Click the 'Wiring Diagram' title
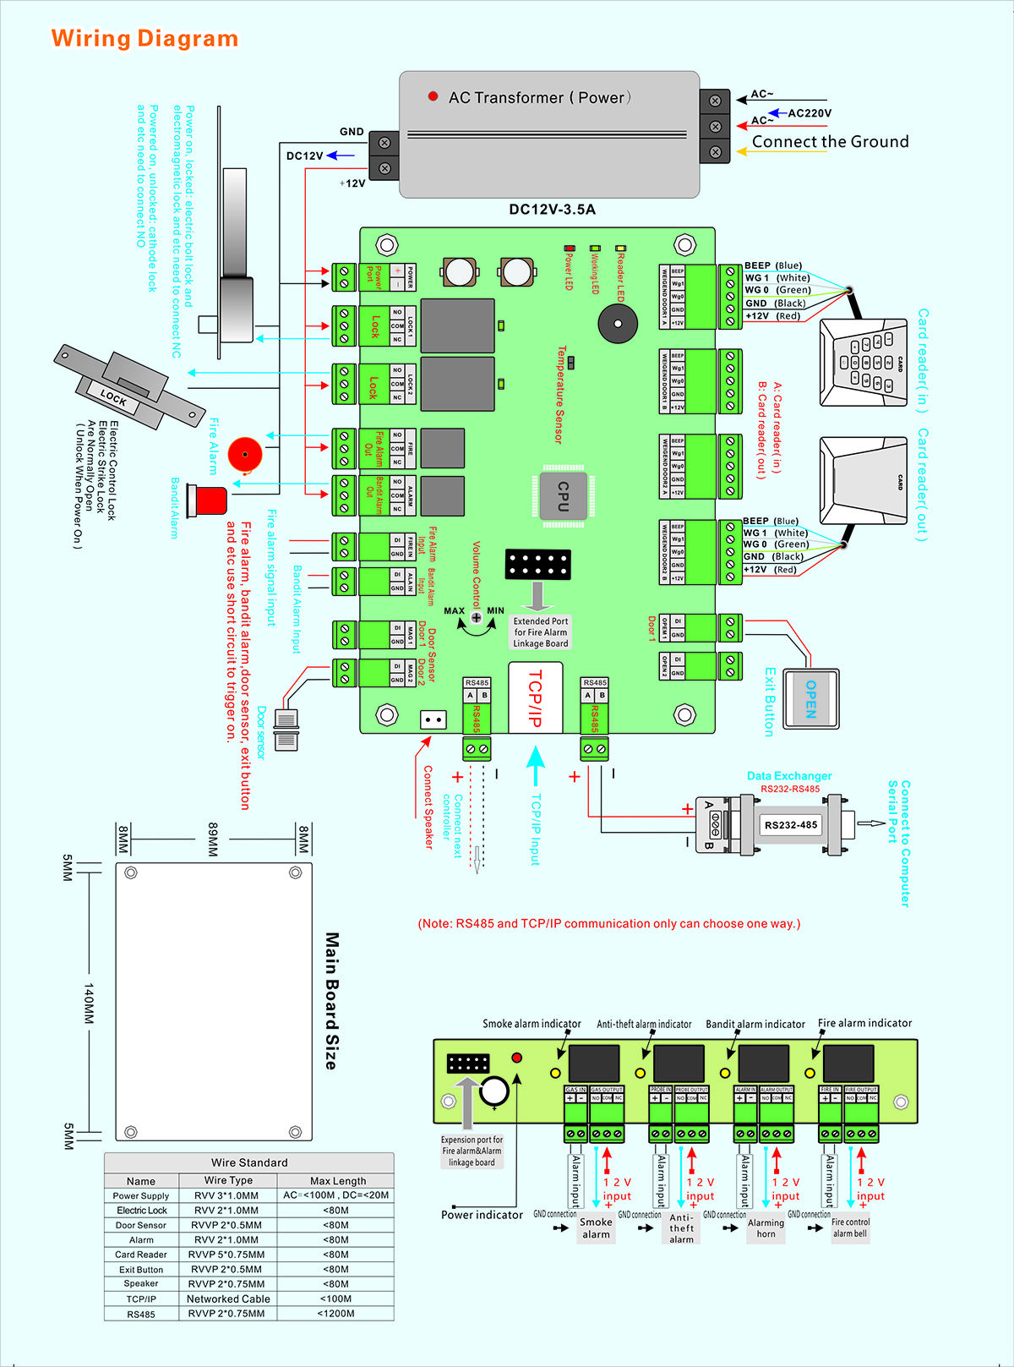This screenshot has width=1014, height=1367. [144, 39]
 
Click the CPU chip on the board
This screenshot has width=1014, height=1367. [563, 495]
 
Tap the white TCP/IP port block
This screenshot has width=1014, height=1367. [535, 697]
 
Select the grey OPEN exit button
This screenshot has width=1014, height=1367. [810, 698]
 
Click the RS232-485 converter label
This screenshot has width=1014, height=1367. [790, 825]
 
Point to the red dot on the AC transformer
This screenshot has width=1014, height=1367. [433, 97]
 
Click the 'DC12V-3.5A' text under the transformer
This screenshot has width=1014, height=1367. [552, 210]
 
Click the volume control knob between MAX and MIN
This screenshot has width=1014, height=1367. [477, 618]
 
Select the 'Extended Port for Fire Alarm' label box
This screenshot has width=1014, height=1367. [541, 632]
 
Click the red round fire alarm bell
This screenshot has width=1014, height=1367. [245, 454]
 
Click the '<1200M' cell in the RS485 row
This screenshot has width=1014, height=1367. [336, 1314]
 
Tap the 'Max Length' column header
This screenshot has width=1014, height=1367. [338, 1181]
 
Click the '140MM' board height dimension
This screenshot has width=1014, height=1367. [88, 1003]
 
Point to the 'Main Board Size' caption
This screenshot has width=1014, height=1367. [332, 1001]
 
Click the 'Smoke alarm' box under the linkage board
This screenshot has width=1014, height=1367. [596, 1228]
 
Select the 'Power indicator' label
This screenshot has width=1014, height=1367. [482, 1215]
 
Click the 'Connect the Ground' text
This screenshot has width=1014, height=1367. [830, 142]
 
